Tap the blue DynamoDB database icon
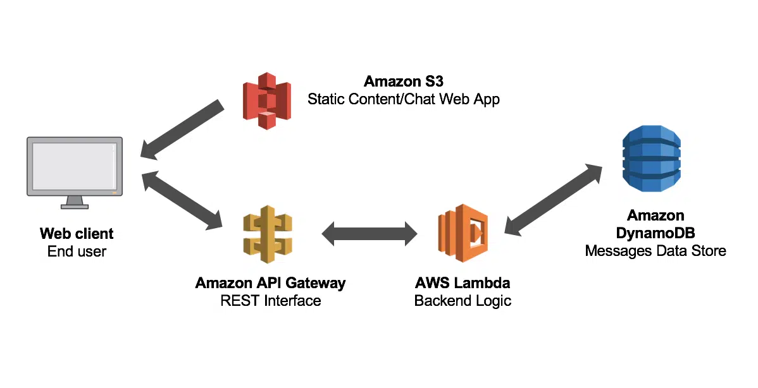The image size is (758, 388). click(x=651, y=158)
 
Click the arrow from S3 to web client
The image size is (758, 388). click(x=182, y=130)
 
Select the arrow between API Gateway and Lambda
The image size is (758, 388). click(x=369, y=234)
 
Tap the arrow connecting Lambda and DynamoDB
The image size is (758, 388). click(x=554, y=199)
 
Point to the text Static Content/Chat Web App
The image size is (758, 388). click(x=403, y=99)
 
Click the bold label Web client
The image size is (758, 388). click(x=77, y=234)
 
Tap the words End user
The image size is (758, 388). click(x=77, y=252)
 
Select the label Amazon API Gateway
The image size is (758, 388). click(x=270, y=282)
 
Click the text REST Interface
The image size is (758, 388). click(x=270, y=300)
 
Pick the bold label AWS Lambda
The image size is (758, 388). click(x=463, y=282)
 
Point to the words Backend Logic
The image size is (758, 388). click(x=463, y=300)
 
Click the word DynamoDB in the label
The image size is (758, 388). click(x=655, y=233)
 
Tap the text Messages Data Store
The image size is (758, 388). click(x=655, y=251)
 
